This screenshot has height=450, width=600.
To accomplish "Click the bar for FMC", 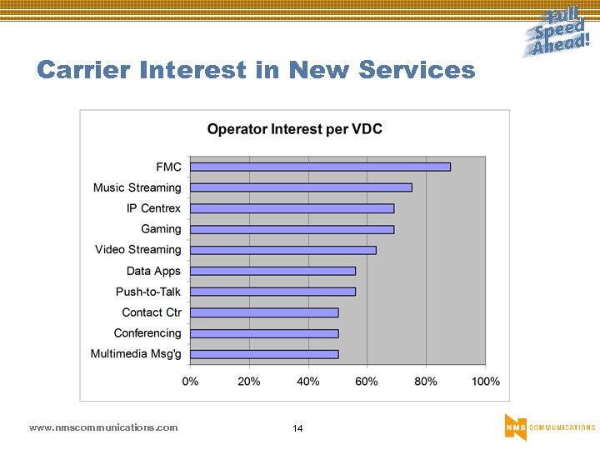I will point(320,167).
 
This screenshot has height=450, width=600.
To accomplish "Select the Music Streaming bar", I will point(301,187).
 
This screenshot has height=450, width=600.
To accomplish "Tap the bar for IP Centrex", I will point(292,208).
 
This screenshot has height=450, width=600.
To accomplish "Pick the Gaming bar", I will point(292,229).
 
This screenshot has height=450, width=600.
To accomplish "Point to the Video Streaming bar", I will point(283,250).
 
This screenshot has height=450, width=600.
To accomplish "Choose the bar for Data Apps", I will point(272,271).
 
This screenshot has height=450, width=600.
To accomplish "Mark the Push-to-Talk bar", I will point(272,292).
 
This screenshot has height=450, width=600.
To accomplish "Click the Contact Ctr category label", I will point(151,312).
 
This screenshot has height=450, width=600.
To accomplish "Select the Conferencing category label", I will point(147,333).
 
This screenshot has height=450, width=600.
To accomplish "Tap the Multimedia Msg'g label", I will point(136,354).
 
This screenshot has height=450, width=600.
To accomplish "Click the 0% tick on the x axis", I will point(190,381).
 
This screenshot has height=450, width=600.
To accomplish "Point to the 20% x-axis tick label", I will point(249,381).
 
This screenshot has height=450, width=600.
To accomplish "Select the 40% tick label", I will point(308,381).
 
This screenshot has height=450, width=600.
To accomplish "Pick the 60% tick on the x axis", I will point(367,381).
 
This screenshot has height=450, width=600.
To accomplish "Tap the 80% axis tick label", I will point(426,381).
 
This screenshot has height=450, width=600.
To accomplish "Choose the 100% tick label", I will point(485,381).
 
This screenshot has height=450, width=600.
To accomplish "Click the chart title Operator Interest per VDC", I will point(294,129).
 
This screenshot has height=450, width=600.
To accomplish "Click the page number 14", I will point(297,428).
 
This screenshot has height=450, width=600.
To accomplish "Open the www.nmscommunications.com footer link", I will point(103,427).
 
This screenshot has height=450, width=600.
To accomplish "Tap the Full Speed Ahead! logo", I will point(557,32).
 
